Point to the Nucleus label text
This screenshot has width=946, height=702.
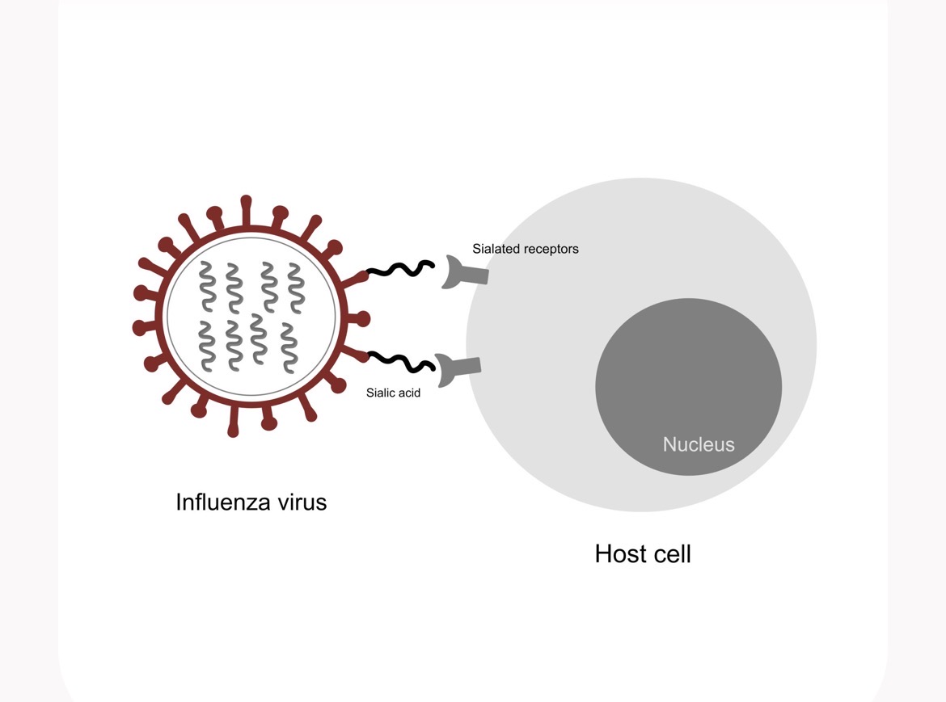[x=699, y=444]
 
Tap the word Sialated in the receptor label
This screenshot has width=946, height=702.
[x=495, y=249]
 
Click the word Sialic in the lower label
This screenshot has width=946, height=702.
[x=381, y=393]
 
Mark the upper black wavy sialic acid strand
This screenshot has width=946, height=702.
[x=400, y=269]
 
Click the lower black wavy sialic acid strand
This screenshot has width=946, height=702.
[x=400, y=362]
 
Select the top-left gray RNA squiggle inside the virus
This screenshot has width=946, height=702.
[x=208, y=286]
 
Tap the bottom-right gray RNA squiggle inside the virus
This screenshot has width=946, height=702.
[x=289, y=348]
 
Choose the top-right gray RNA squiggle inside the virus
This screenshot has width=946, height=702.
[x=296, y=288]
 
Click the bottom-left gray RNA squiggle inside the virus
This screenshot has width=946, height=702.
[x=207, y=346]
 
